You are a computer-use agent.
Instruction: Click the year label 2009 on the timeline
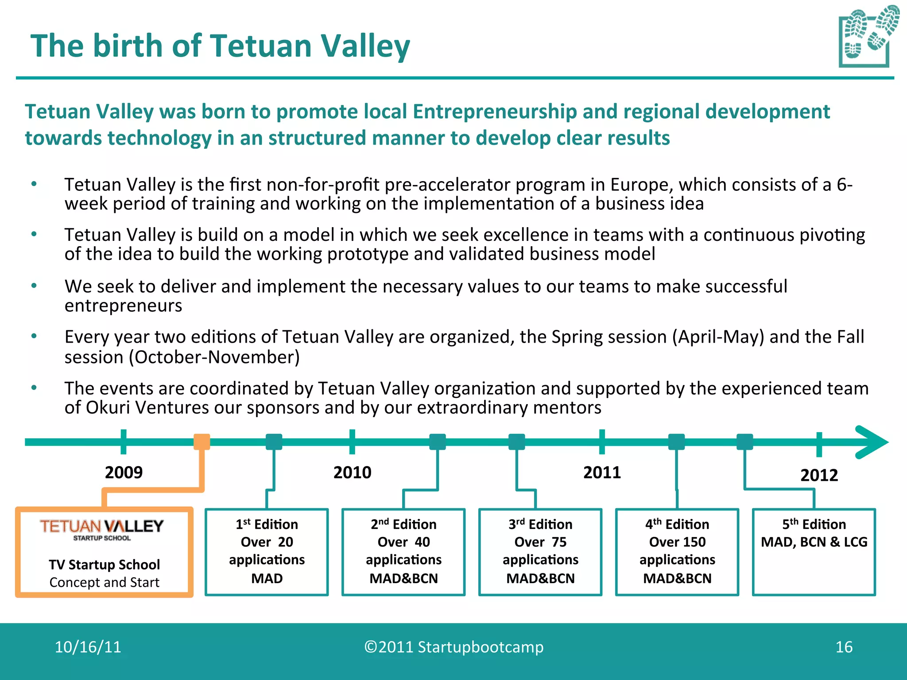124,472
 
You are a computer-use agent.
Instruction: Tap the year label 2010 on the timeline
352,472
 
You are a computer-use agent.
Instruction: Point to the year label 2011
602,472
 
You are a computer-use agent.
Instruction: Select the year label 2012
819,475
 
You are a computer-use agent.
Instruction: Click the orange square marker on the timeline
202,442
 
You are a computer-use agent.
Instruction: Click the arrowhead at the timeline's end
871,442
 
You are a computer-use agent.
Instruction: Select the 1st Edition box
267,552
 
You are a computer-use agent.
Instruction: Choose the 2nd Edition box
403,552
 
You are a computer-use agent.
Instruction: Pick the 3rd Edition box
540,552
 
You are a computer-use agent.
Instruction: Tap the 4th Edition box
677,552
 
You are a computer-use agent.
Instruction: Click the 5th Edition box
814,552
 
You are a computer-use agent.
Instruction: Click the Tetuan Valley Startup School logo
102,529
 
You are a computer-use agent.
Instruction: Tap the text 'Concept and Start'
104,582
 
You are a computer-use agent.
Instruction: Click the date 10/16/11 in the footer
88,647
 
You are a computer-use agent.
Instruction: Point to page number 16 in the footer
844,647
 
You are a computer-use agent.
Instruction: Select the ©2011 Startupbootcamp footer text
453,647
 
